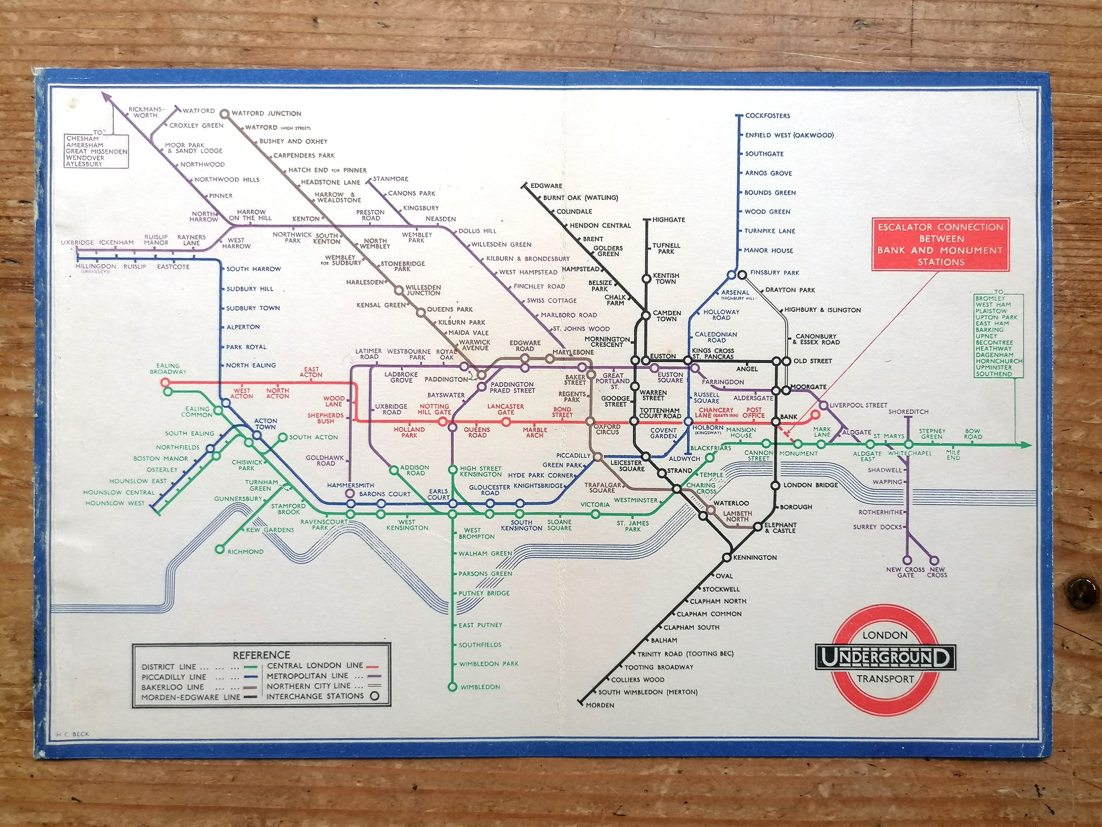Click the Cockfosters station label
point(767,116)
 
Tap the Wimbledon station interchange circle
point(452,687)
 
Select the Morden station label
point(600,705)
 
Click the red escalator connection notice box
point(940,244)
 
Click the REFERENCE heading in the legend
point(261,655)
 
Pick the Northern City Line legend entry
point(309,686)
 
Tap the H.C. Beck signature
point(69,734)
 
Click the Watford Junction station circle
point(225,114)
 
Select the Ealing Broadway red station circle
point(166,383)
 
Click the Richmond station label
point(246,551)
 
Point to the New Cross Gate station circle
point(907,560)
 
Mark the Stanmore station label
point(391,179)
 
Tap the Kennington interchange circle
point(727,558)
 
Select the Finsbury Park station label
point(774,273)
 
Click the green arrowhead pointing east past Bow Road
point(1025,445)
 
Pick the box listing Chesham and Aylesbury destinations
point(97,150)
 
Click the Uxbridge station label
point(77,243)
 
